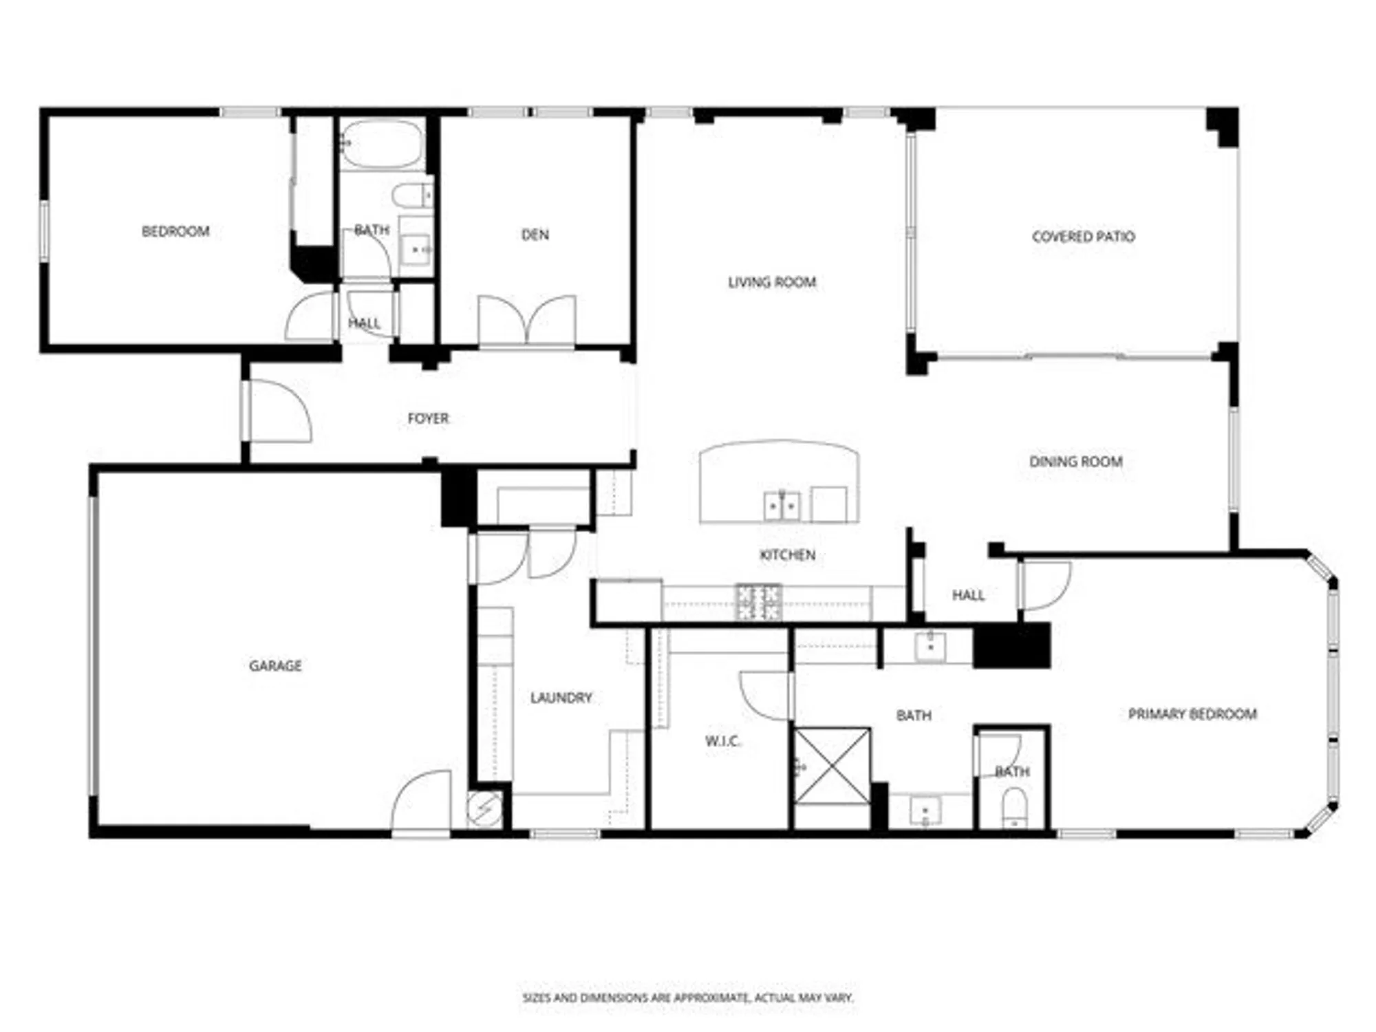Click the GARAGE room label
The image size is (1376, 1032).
point(275,665)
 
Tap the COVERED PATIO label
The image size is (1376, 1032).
point(1083,237)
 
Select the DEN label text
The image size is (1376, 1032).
point(535,235)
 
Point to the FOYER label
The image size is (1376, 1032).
point(428,418)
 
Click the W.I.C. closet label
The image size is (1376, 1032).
point(722,741)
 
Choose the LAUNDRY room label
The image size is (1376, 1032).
point(561,698)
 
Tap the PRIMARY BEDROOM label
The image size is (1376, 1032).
point(1192,714)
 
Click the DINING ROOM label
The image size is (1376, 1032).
point(1075,462)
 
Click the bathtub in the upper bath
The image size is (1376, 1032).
point(382,144)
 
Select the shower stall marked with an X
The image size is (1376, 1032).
point(832,766)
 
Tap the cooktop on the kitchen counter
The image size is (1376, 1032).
point(758,601)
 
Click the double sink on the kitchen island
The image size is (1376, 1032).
point(782,506)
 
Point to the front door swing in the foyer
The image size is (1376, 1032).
point(279,413)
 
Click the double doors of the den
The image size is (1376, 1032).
point(527,322)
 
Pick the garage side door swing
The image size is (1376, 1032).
point(422,802)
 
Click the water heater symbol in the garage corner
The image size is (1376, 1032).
point(484,809)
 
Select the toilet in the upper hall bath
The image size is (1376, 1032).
point(412,195)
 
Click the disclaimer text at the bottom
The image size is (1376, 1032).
point(687,997)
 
